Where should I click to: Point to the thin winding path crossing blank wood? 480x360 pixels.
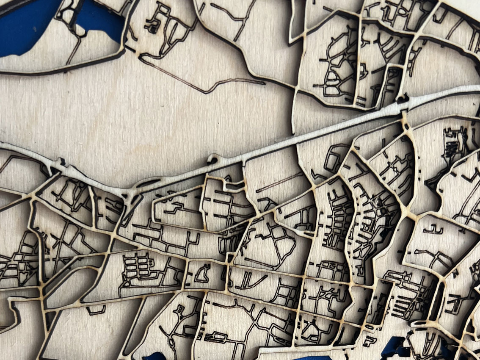[x=203, y=85]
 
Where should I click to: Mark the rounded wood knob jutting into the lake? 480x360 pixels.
[x=80, y=29]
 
